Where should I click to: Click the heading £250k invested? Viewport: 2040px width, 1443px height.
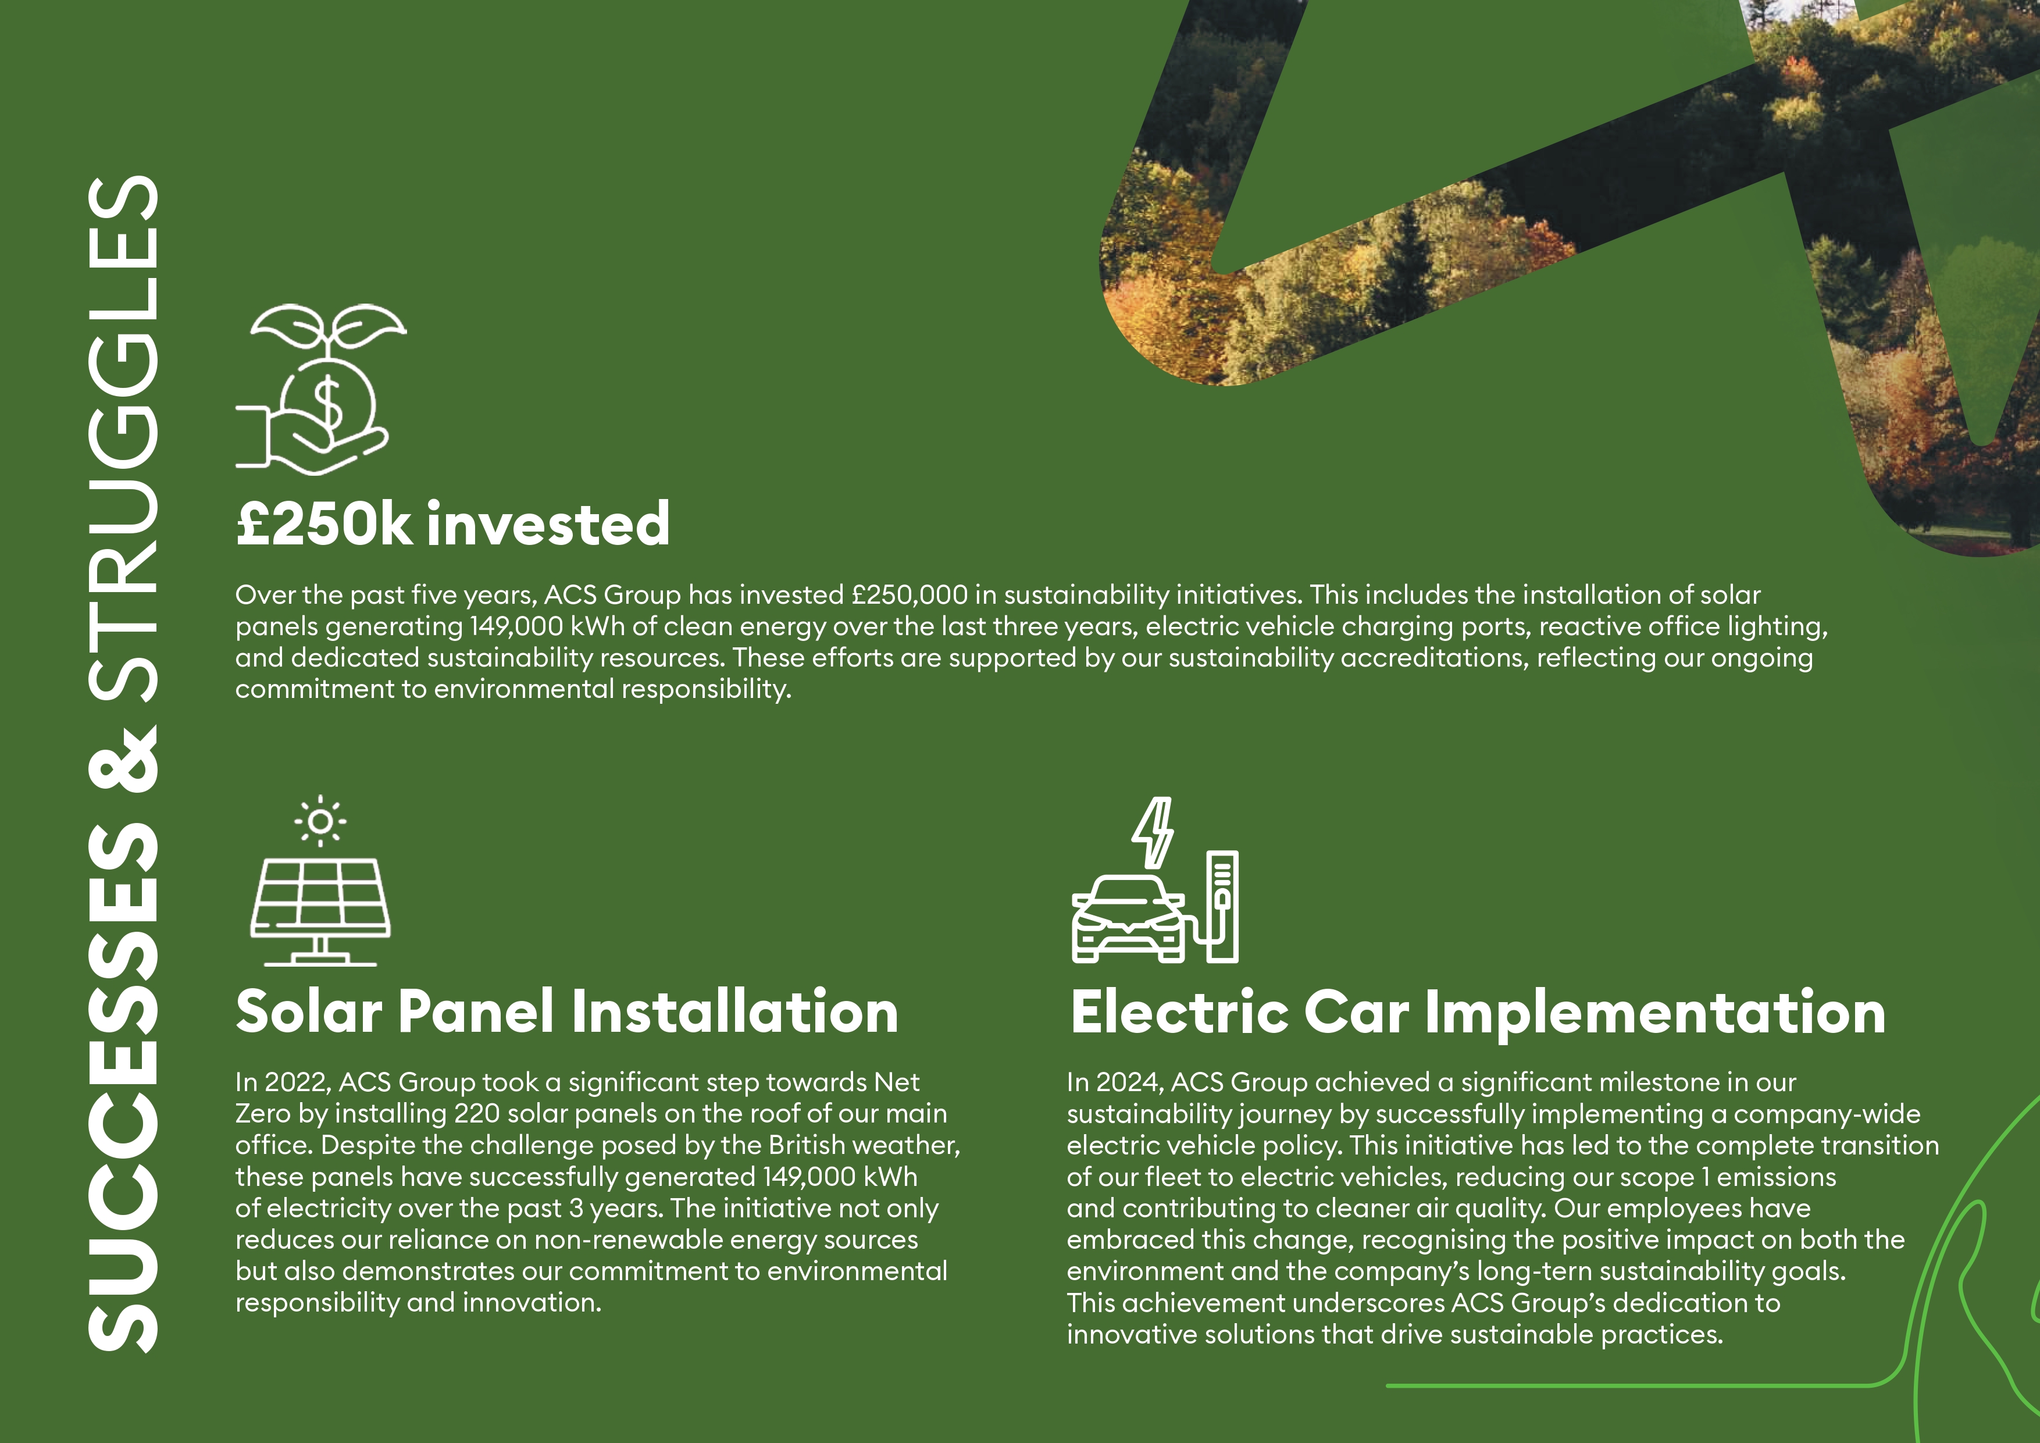pos(452,523)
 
